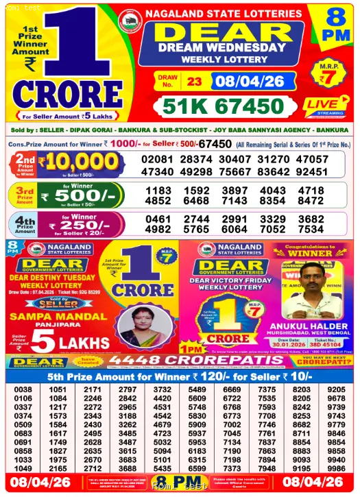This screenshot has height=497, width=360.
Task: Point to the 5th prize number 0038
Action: (x=23, y=389)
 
